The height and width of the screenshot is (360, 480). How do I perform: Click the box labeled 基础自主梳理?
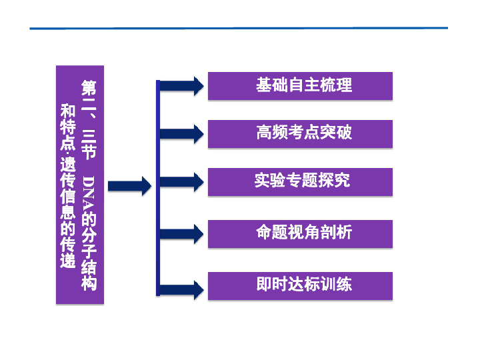300,86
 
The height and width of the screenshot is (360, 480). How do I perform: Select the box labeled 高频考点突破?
300,134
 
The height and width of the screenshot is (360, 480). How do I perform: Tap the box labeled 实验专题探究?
300,182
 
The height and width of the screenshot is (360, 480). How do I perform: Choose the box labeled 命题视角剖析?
300,233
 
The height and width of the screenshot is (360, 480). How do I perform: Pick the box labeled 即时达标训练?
300,285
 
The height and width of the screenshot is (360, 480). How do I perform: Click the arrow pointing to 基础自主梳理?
182,86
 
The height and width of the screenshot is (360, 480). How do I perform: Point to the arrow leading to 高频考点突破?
182,134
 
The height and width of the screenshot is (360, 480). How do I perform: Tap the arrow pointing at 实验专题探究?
182,182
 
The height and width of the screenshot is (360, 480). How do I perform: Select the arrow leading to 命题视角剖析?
182,234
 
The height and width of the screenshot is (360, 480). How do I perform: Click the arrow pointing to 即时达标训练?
182,289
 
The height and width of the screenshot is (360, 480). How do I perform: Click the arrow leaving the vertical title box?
130,186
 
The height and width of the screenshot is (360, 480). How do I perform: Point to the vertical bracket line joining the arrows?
158,188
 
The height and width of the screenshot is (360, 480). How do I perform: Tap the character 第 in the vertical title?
89,88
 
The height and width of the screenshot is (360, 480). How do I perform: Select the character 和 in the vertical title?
67,111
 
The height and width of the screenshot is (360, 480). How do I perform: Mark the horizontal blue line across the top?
239,28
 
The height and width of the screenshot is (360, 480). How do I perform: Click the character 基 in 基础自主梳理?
264,85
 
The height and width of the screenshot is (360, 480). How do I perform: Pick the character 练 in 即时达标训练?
344,284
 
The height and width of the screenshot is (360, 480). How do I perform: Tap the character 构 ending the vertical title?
89,283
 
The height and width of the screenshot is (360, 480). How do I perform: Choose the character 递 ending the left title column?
67,261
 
